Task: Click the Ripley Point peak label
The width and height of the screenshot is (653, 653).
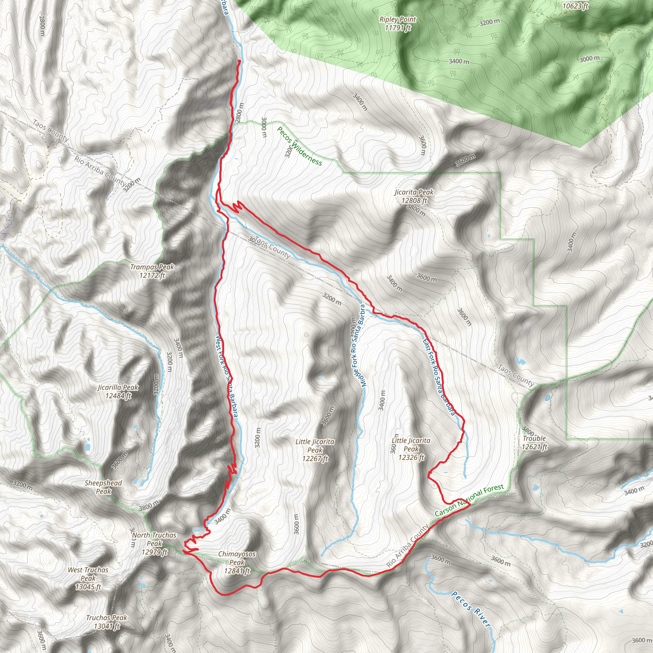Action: [x=398, y=24]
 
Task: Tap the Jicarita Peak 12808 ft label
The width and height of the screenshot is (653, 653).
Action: [x=414, y=196]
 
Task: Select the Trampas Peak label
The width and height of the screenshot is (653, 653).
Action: [x=152, y=271]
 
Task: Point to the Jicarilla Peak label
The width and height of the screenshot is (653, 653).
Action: [x=118, y=392]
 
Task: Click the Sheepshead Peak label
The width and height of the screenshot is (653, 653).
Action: [x=103, y=487]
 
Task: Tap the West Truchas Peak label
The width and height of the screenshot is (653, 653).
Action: [x=88, y=578]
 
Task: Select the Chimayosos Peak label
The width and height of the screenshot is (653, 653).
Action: [x=237, y=562]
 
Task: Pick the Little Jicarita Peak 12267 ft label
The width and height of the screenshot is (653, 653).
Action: [x=315, y=450]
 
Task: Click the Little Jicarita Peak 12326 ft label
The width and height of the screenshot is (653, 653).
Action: [x=411, y=449]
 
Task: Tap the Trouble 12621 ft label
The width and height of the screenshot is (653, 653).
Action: [x=534, y=443]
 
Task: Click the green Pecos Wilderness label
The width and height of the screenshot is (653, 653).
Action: [x=299, y=146]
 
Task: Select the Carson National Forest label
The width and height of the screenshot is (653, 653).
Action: [x=469, y=500]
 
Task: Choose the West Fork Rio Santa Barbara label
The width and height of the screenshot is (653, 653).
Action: [x=226, y=378]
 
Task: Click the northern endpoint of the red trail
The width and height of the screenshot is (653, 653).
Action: [x=240, y=61]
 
